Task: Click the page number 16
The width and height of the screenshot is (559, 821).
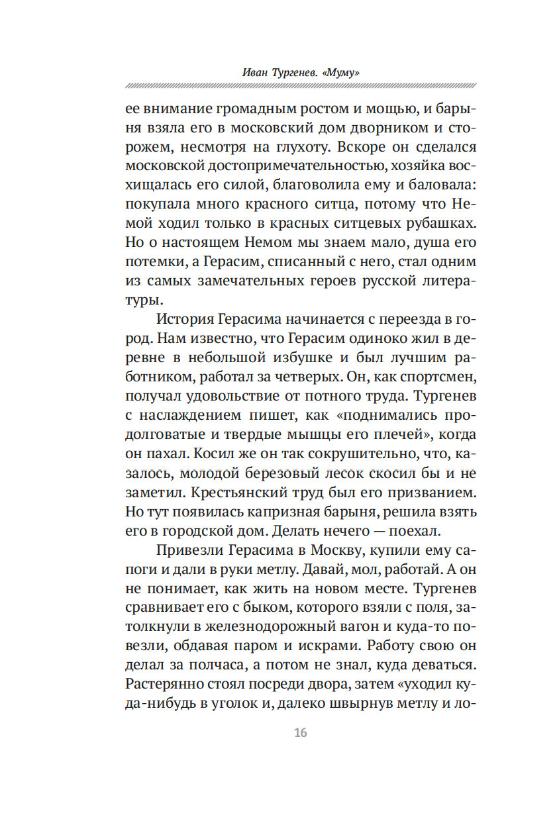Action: (x=299, y=733)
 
